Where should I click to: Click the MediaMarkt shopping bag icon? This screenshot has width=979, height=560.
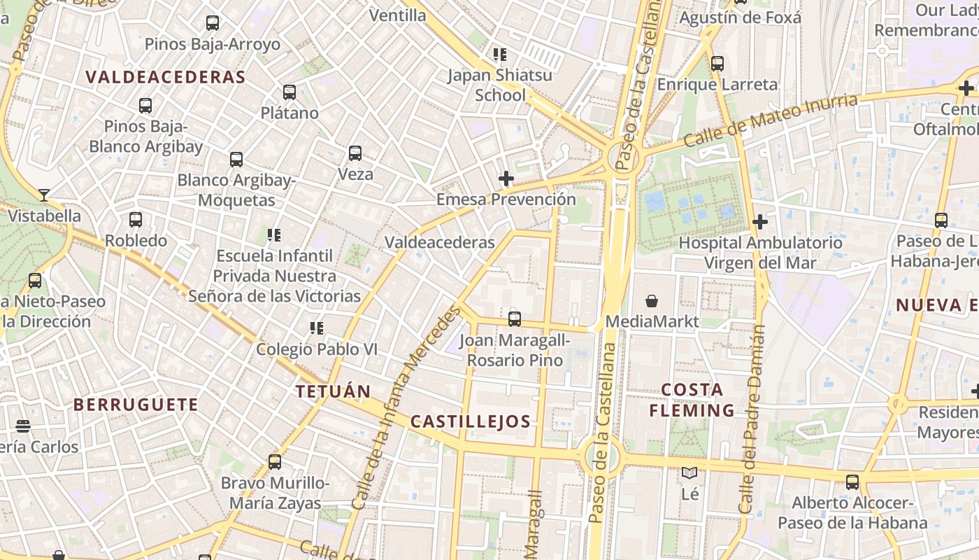pos(652,301)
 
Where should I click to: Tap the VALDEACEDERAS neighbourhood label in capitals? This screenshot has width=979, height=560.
pos(166,77)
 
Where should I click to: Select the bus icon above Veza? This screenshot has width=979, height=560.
pos(355,153)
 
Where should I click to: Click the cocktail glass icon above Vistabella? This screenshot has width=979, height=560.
pos(44,195)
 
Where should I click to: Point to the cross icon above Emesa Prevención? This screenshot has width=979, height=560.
pos(506,178)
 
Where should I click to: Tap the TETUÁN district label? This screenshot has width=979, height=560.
pos(333,391)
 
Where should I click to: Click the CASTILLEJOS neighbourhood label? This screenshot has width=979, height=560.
pos(471,421)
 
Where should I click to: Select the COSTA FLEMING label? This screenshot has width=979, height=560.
pos(692,400)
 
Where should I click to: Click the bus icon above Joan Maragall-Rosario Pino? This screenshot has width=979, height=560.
pos(515,319)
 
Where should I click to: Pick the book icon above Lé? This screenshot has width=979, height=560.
pos(689,473)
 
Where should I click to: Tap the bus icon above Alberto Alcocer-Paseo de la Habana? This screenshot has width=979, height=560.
pos(852,482)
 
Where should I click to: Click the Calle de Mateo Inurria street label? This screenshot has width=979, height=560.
pos(770,120)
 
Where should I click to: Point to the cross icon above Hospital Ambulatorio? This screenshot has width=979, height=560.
pos(760,223)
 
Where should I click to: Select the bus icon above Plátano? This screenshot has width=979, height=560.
pos(290,92)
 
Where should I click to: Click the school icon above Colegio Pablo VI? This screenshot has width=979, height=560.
pos(317,328)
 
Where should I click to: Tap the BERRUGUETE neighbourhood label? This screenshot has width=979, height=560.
pos(136,405)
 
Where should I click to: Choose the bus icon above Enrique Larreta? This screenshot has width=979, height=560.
pos(717,64)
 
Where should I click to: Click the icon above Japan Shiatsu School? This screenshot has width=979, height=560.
pos(499,54)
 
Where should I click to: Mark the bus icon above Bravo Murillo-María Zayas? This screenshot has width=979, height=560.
pos(275,462)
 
